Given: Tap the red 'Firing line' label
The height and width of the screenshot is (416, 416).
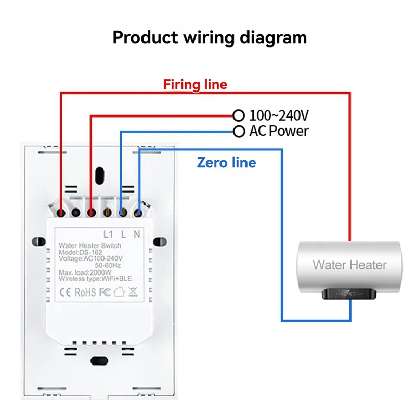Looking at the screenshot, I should point(196,84).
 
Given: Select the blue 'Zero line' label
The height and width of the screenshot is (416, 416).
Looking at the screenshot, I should point(226,162).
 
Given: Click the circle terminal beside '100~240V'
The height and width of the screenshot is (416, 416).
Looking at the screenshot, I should point(238,115).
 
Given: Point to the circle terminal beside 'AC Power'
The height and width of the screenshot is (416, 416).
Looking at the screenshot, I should point(238,131).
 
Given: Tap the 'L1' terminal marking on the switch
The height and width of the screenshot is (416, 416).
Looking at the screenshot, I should point(108,234).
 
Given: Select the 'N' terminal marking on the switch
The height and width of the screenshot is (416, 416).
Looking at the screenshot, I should point(137,234).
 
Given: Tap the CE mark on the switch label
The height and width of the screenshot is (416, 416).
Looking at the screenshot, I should point(64,292).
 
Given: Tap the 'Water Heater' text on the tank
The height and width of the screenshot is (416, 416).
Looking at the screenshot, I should point(349,265).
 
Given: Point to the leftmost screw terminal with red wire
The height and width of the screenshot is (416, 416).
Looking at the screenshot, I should point(61,213).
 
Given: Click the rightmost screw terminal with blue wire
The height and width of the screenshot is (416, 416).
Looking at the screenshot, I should point(138,213).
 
